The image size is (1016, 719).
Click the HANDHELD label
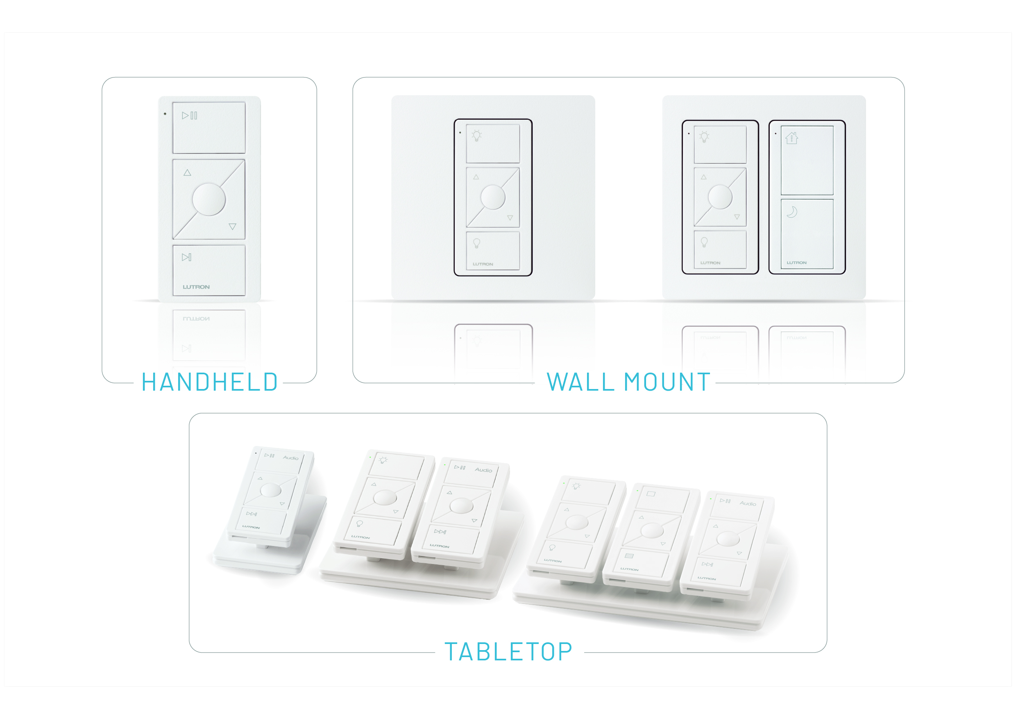209,382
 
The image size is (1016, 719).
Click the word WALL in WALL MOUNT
581,382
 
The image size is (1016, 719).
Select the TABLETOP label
508,652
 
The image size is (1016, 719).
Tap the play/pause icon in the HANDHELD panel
189,116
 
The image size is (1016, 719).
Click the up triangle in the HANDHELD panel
187,173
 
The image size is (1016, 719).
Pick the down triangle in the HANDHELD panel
232,227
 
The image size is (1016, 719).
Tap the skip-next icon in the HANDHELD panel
186,257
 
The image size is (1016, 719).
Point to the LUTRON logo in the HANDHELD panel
196,287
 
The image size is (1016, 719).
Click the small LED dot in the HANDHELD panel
165,114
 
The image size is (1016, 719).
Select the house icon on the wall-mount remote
791,138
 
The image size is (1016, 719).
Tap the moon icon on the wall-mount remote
792,212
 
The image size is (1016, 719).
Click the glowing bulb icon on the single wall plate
476,135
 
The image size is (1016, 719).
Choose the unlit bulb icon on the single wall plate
476,243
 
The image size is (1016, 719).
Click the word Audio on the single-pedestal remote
291,458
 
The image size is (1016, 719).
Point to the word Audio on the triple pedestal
748,503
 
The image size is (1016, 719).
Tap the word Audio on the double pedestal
483,470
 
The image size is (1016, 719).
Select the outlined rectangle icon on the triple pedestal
651,494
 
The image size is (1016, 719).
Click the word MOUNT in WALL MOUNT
667,382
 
